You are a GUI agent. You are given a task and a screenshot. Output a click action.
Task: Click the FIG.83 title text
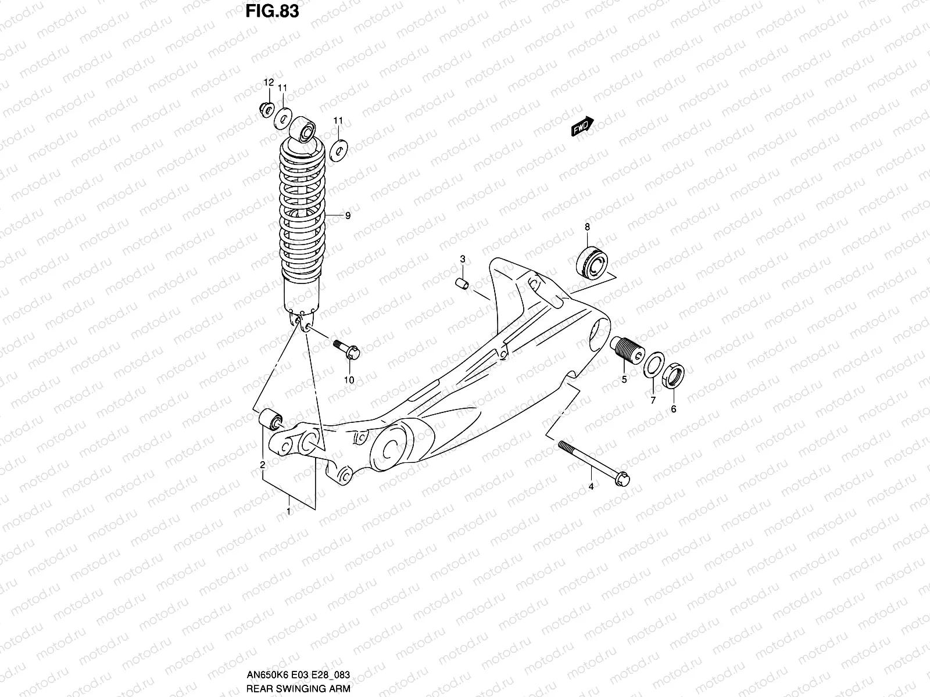click(271, 11)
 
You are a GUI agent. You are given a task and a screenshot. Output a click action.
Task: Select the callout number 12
click(269, 82)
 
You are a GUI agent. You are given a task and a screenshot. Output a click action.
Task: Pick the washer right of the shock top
click(338, 150)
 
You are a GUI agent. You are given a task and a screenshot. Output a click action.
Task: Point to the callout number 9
click(348, 216)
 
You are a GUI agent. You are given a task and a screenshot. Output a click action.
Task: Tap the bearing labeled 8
click(591, 261)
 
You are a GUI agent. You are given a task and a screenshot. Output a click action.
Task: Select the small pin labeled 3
click(462, 284)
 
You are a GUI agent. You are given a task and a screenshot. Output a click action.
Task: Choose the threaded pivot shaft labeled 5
click(627, 350)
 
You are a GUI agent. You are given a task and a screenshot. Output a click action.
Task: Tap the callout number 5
click(624, 380)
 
